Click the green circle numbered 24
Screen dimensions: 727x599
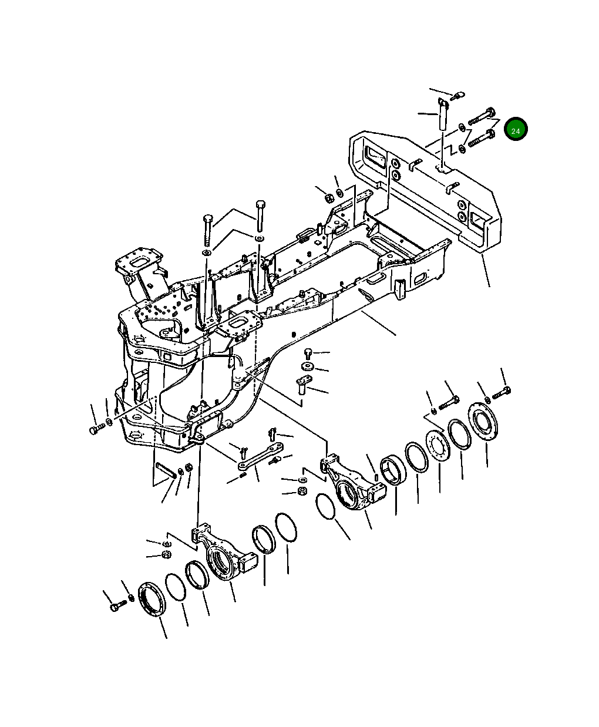click(516, 130)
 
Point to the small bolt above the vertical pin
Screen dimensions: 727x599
click(458, 94)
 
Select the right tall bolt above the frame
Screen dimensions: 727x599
click(260, 215)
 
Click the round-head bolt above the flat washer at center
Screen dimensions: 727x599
click(308, 354)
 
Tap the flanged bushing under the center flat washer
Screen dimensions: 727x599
click(301, 386)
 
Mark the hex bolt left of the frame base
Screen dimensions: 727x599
click(95, 430)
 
